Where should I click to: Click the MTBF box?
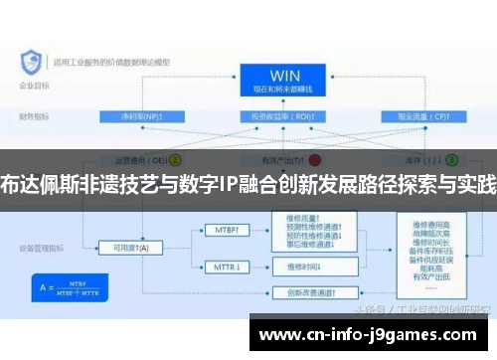pos(229,230)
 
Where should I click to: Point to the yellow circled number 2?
pos(176,158)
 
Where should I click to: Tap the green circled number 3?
pos(451,158)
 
